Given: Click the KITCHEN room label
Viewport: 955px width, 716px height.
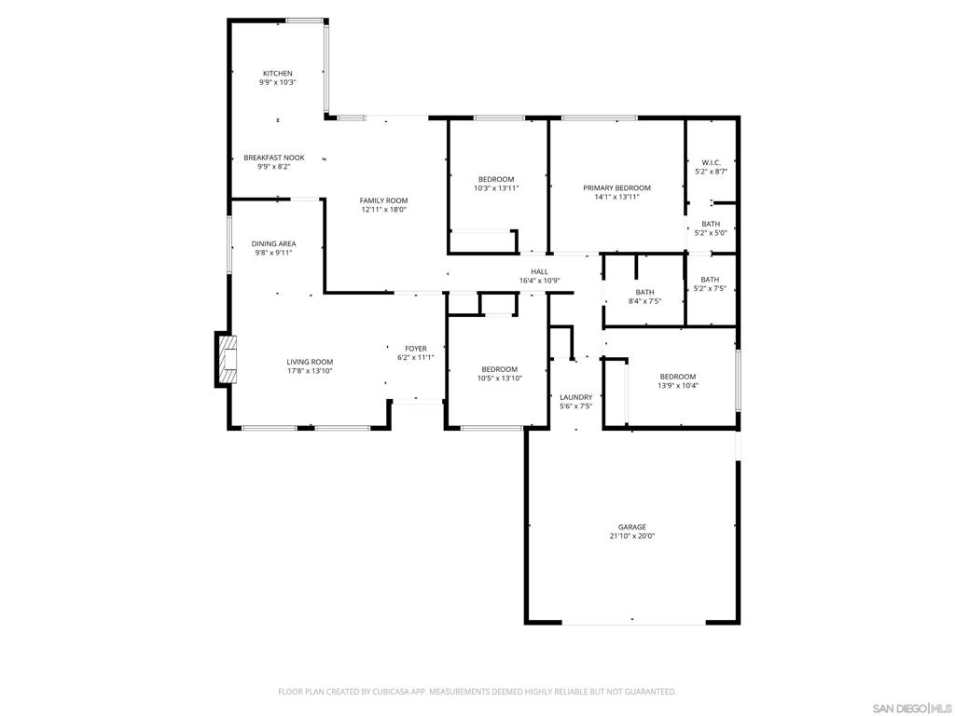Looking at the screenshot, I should (x=277, y=74).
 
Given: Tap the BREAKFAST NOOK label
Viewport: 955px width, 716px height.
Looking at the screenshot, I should (x=274, y=158).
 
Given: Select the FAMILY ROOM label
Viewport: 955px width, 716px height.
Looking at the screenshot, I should (x=383, y=200).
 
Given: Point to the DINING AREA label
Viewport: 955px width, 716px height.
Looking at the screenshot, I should (x=273, y=244).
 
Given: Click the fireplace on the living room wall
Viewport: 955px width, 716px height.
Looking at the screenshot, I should (x=228, y=360).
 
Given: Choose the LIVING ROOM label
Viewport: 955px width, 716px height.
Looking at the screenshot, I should (x=310, y=362).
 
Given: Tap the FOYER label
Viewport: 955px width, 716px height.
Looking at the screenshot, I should (x=415, y=349).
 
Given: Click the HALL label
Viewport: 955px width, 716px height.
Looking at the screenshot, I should (x=539, y=271).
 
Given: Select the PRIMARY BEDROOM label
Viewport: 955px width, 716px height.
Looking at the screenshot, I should (x=616, y=188).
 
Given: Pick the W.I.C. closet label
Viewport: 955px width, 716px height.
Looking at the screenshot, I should (x=711, y=162).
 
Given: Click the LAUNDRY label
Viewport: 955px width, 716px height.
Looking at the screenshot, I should (x=575, y=397).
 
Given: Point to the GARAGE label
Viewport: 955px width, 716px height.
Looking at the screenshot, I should (x=631, y=527).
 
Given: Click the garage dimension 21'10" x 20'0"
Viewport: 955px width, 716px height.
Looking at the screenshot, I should (x=631, y=536).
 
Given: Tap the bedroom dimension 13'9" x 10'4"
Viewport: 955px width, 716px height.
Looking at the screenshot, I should (x=677, y=386).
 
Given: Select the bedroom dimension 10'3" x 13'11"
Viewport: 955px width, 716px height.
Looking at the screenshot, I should (x=496, y=188).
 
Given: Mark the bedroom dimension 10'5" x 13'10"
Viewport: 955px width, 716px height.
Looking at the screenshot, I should (x=499, y=379).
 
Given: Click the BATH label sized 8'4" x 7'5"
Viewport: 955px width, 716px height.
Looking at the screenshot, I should (x=644, y=292).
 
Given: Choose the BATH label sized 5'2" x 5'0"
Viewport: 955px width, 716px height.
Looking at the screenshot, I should (x=711, y=224).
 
